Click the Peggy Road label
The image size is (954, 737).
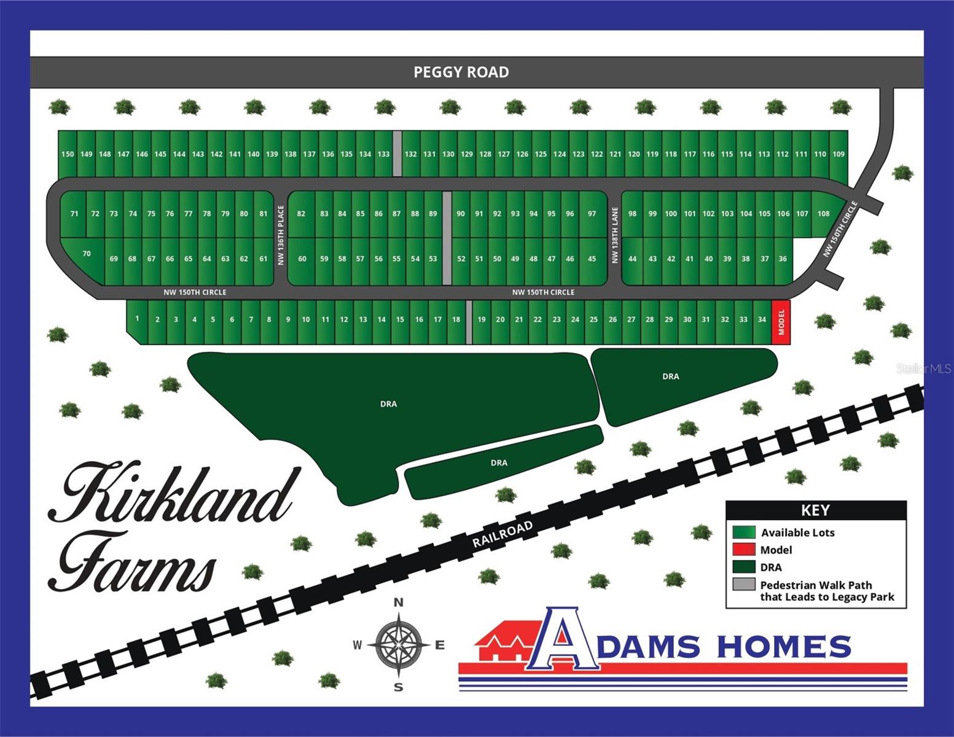461,72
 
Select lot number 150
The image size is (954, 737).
68,154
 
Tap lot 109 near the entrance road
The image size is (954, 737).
839,154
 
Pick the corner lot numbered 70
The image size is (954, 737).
86,254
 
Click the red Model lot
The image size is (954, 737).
781,322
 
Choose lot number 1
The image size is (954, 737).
137,319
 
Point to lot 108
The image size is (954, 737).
823,214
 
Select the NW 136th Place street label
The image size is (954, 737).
281,235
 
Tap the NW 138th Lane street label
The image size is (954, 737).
614,235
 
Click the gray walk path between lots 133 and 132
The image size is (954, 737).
397,154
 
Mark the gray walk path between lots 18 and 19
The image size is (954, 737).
469,322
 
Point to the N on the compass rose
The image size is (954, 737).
398,602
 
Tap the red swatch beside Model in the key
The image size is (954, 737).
743,550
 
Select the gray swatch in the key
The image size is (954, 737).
743,585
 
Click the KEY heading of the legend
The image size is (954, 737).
815,510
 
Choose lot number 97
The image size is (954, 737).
592,214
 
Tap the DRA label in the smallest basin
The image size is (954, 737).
499,462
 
